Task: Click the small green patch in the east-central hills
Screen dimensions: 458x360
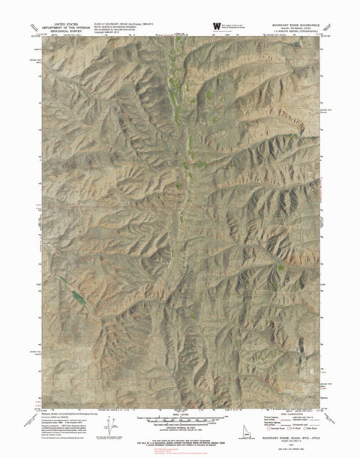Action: pos(280,267)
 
